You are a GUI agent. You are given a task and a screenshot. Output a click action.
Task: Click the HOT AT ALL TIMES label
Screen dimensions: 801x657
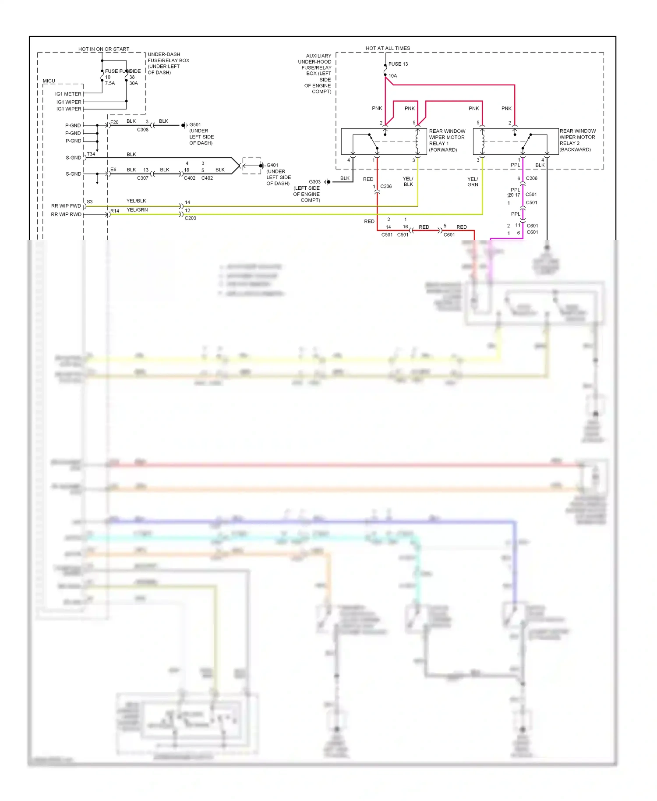[x=388, y=48]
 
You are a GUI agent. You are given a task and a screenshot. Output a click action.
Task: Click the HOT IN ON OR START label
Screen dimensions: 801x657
[x=104, y=49]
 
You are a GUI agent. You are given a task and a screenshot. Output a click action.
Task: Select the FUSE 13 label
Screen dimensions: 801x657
[x=398, y=64]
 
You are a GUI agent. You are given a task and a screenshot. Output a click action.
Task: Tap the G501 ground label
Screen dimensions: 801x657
[x=195, y=125]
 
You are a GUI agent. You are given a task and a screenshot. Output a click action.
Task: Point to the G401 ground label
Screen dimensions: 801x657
[x=272, y=165]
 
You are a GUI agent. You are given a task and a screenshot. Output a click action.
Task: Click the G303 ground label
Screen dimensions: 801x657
[x=314, y=182]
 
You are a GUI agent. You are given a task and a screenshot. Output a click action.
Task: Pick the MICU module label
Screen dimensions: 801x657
[x=49, y=81]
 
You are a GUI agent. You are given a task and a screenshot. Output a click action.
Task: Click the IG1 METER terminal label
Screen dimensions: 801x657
[x=68, y=94]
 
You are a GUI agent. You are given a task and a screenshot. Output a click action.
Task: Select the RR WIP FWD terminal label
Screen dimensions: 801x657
[x=66, y=206]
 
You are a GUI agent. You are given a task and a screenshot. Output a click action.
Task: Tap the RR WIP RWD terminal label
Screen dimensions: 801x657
[x=66, y=215]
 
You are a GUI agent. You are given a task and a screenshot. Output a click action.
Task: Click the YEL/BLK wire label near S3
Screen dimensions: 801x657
[x=136, y=201]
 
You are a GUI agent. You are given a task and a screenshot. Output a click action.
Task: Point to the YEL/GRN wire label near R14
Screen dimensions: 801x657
[x=137, y=210]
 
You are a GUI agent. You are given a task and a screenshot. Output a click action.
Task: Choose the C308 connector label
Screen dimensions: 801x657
[x=143, y=130]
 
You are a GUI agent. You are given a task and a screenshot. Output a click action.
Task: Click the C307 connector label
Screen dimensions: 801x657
[x=143, y=178]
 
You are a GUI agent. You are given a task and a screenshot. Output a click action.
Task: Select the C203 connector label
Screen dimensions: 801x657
[x=191, y=218]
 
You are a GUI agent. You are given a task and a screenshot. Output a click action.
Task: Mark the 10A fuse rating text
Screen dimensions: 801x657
[x=393, y=76]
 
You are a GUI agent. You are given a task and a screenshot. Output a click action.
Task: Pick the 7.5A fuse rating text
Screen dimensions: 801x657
[x=110, y=83]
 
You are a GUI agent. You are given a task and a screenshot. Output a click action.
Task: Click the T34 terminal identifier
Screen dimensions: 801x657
[x=91, y=154]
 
